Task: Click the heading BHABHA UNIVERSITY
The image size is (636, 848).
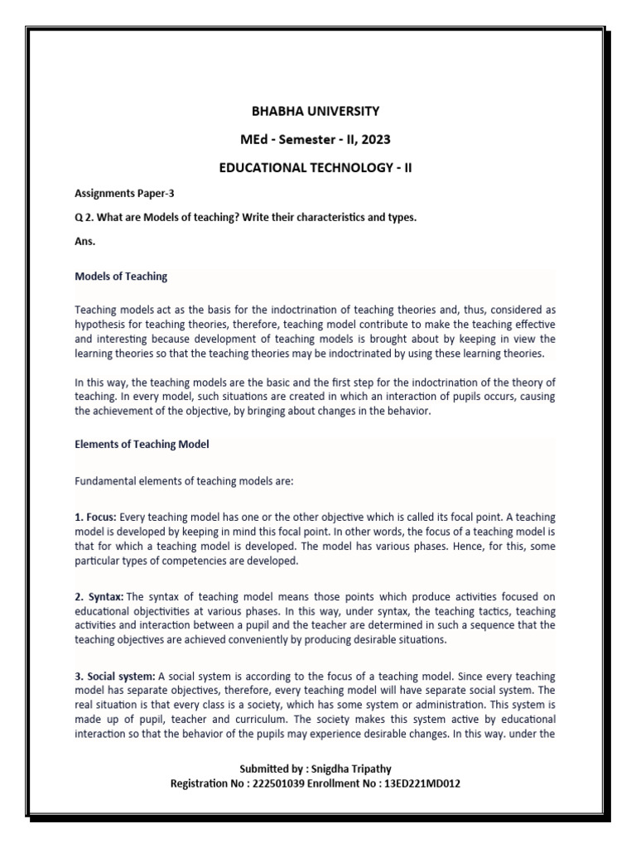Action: (315, 111)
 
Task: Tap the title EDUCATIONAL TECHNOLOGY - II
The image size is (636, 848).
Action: (315, 167)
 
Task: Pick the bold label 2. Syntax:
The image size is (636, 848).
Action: (99, 596)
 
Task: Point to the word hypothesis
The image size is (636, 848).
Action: (104, 323)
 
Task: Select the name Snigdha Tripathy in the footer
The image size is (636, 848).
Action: (346, 769)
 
